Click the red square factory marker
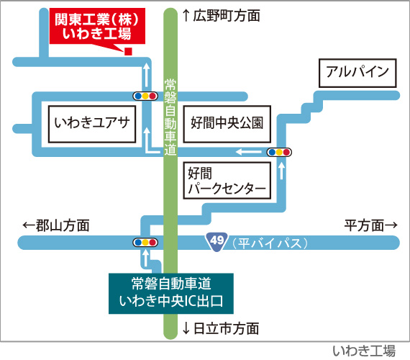[128, 52]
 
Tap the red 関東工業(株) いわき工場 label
[97, 26]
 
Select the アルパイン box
[357, 73]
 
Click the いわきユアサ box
[92, 124]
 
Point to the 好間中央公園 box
[227, 124]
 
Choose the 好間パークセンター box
[227, 181]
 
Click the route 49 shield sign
[217, 241]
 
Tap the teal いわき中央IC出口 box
[171, 294]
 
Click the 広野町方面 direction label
[222, 15]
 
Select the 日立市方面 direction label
[222, 328]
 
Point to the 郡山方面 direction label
[56, 225]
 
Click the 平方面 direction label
[370, 225]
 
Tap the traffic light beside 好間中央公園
[279, 152]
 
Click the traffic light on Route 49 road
[145, 243]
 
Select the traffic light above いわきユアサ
[145, 96]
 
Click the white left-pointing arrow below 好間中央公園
[248, 152]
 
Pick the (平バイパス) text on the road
[270, 243]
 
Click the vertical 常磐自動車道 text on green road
[170, 117]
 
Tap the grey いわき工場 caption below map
[364, 351]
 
